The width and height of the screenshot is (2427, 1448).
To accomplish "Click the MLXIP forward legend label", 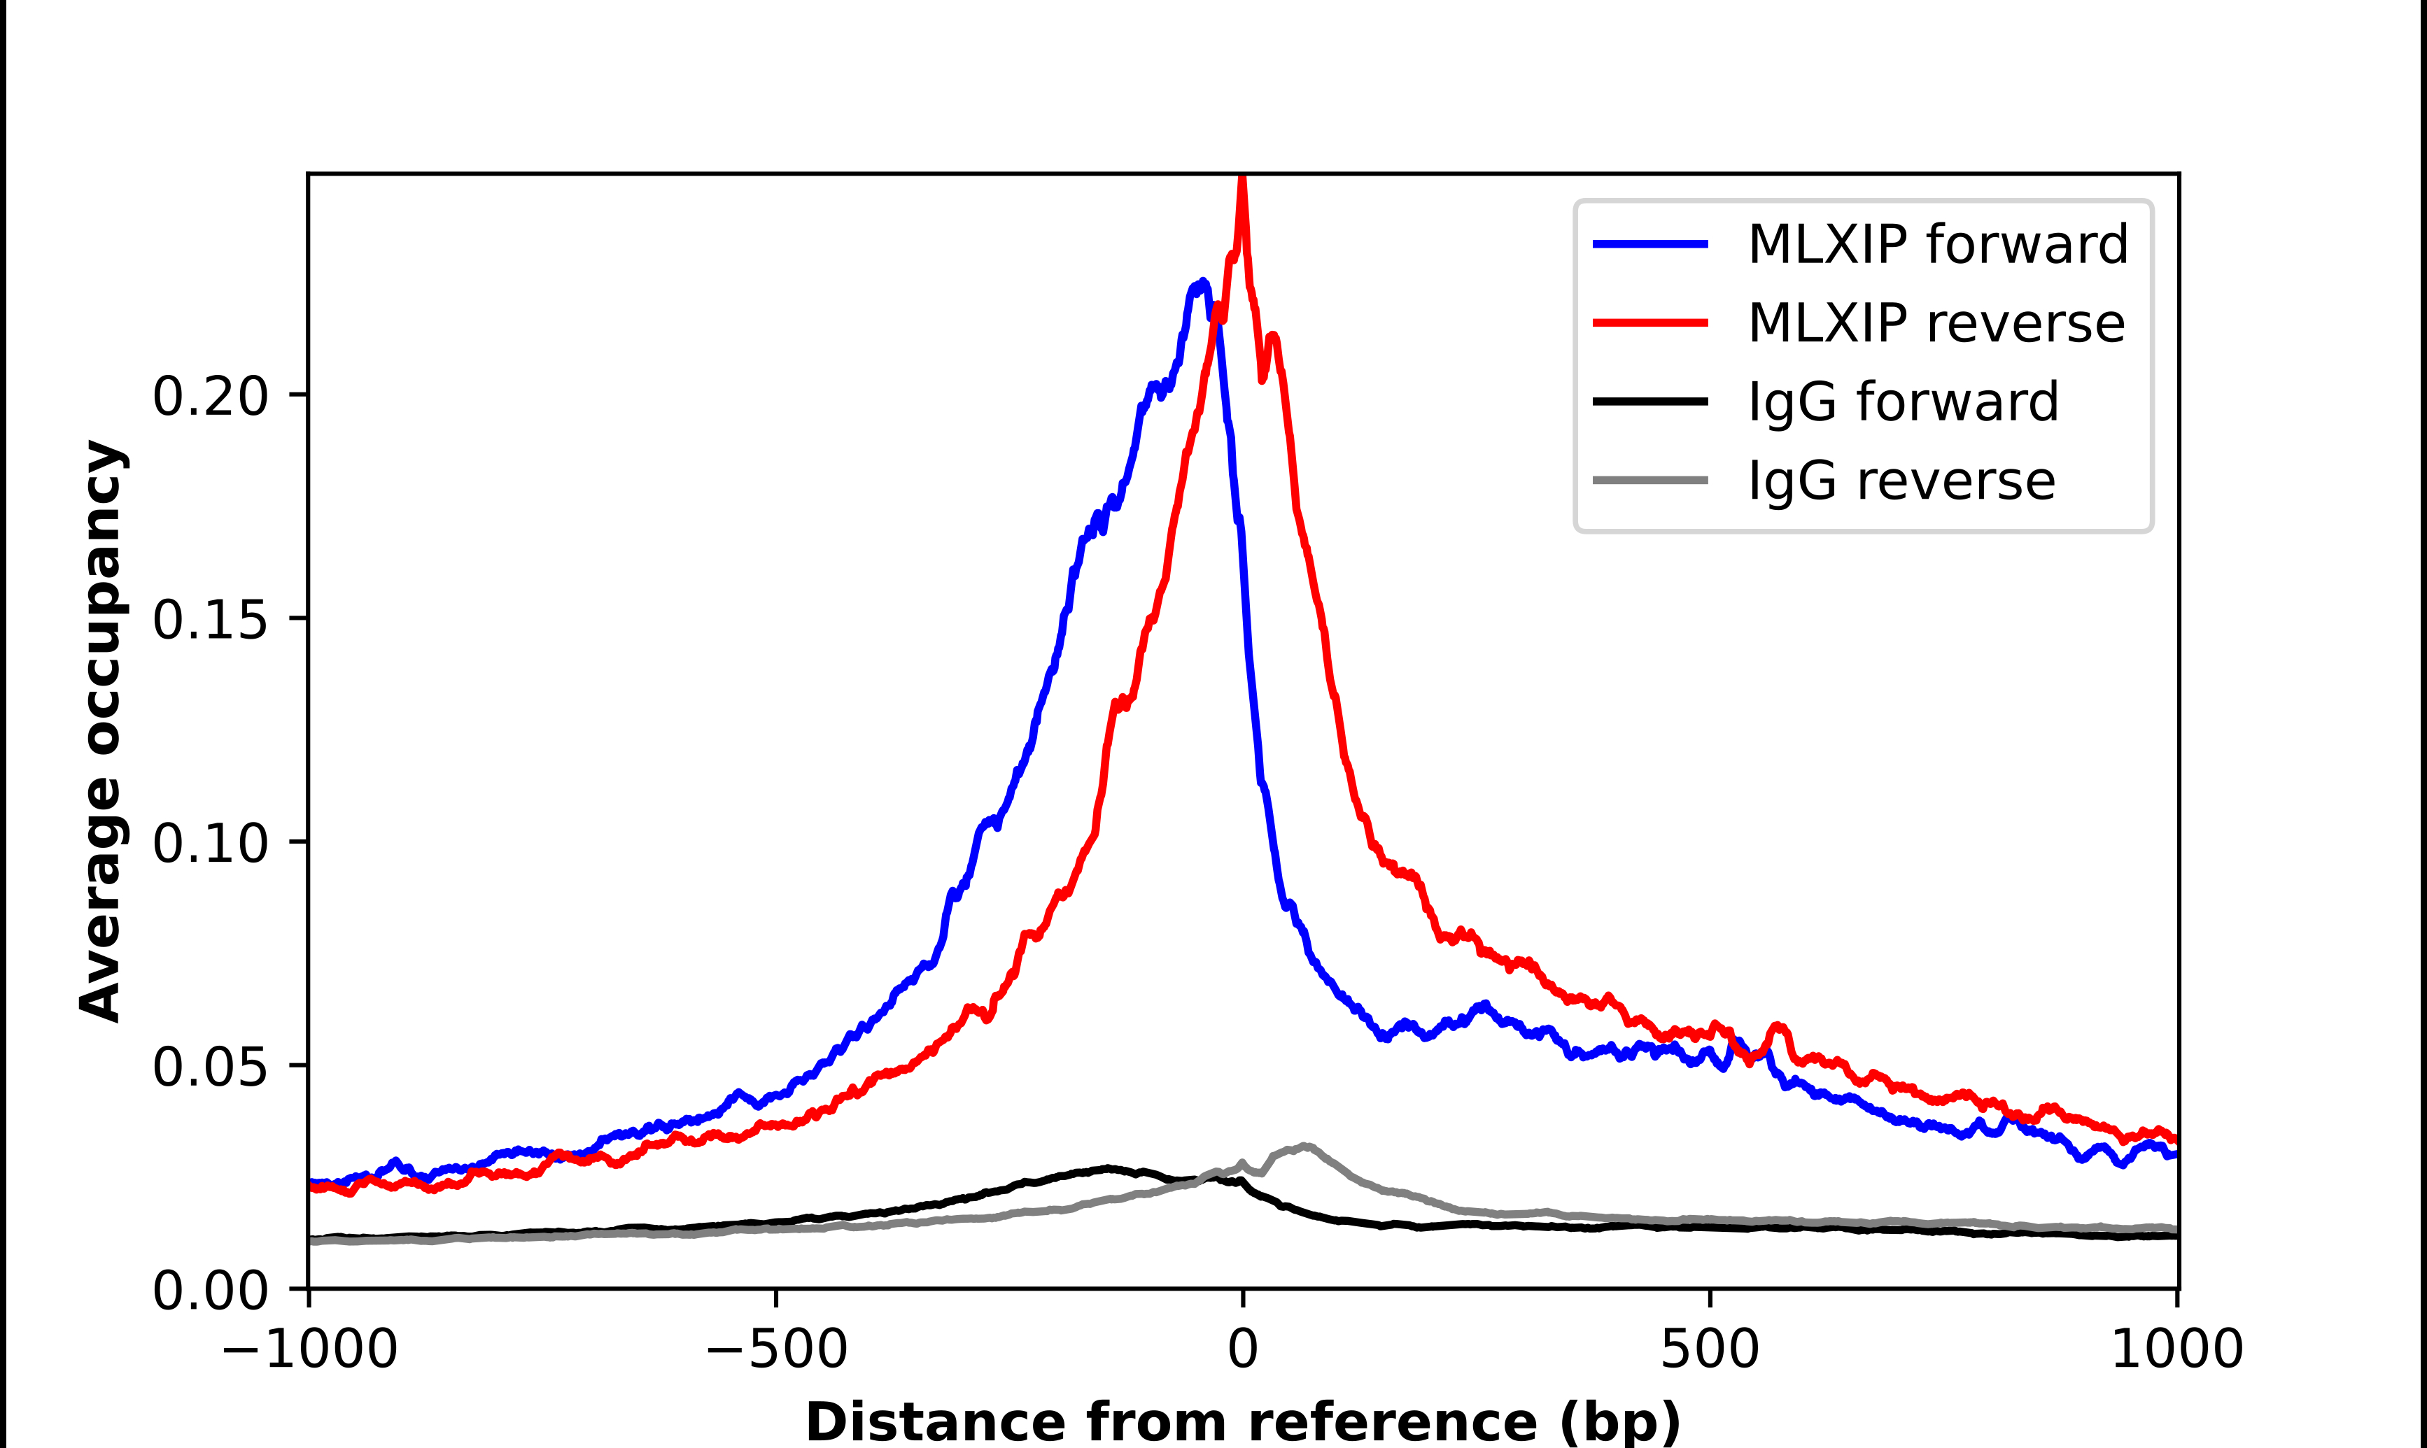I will click(x=1937, y=244).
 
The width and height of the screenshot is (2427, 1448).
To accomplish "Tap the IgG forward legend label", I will click(x=1903, y=402).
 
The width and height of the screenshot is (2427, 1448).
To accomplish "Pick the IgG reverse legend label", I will click(x=1901, y=481).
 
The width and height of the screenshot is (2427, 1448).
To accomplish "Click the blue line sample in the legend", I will click(x=1650, y=244).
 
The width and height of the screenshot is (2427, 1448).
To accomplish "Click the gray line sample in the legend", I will click(x=1650, y=480).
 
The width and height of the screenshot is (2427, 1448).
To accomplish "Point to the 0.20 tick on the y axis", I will click(x=210, y=396).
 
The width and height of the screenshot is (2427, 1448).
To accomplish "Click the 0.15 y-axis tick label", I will click(x=210, y=620).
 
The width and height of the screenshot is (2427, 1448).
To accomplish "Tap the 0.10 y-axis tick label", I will click(x=210, y=843).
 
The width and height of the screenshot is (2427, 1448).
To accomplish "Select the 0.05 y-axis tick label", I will click(x=210, y=1067).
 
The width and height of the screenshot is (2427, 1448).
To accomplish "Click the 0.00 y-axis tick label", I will click(x=210, y=1290).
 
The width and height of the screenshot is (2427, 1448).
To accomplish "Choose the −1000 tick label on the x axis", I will click(x=309, y=1349).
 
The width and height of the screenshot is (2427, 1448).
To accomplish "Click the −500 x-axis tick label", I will click(x=776, y=1349).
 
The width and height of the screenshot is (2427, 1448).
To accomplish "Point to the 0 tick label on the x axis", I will click(x=1242, y=1349).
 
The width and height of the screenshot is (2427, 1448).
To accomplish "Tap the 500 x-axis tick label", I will click(x=1710, y=1349).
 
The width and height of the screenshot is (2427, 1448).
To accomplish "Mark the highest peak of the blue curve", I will click(x=1202, y=283).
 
